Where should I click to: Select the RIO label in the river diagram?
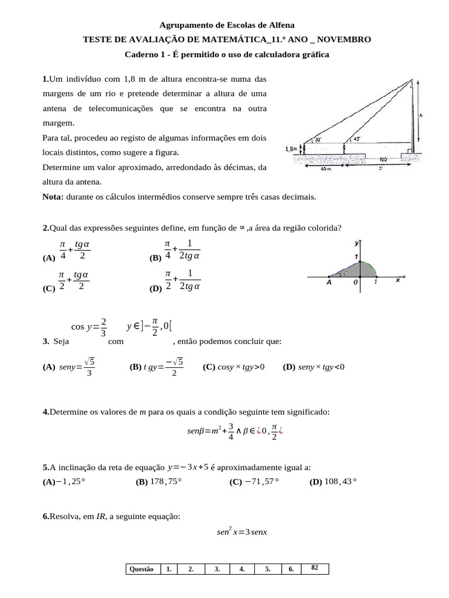pos(384,158)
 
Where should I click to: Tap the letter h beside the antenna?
pos(421,116)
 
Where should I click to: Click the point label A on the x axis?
pos(329,282)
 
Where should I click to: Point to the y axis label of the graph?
pos(357,242)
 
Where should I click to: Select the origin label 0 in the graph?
pos(355,282)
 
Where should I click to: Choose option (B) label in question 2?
pos(156,258)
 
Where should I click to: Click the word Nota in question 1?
pos(53,197)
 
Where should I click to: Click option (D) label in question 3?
pos(289,367)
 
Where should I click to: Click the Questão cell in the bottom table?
pos(141,569)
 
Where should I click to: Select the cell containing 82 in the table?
pos(315,568)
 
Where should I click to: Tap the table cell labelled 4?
pos(242,569)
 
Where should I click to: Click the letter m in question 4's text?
pos(141,412)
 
